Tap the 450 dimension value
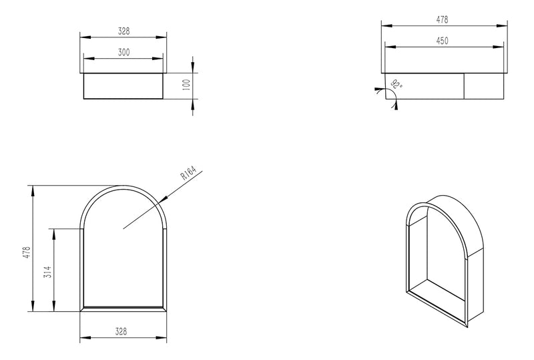click(x=442, y=41)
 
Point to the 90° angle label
click(x=398, y=84)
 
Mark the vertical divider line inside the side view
click(x=465, y=85)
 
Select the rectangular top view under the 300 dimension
click(x=122, y=85)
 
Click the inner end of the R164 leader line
click(x=122, y=228)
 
